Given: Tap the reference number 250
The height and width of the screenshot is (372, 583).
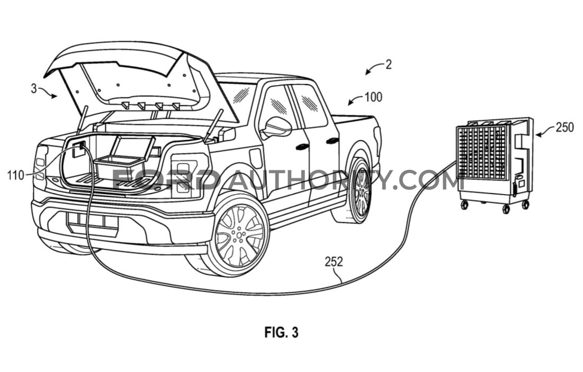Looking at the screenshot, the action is pyautogui.click(x=565, y=128).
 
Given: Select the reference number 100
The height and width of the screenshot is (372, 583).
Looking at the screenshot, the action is pyautogui.click(x=373, y=97).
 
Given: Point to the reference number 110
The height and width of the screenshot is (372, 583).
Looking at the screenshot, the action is pyautogui.click(x=15, y=175).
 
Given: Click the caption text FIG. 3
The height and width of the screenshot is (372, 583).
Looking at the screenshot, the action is pyautogui.click(x=282, y=332).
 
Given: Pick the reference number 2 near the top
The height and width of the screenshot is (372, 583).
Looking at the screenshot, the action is pyautogui.click(x=389, y=65).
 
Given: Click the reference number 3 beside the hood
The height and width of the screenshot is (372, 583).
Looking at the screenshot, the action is pyautogui.click(x=34, y=89).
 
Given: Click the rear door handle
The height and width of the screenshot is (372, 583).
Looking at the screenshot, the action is pyautogui.click(x=332, y=140).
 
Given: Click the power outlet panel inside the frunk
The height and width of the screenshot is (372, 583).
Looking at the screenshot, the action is pyautogui.click(x=79, y=148).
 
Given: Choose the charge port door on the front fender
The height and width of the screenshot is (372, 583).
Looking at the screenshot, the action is pyautogui.click(x=256, y=158).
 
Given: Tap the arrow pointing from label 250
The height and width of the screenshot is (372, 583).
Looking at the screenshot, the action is pyautogui.click(x=545, y=131).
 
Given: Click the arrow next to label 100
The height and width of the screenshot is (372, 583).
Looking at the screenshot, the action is pyautogui.click(x=355, y=100).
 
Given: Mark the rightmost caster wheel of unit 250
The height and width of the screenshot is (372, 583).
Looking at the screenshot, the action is pyautogui.click(x=525, y=204).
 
